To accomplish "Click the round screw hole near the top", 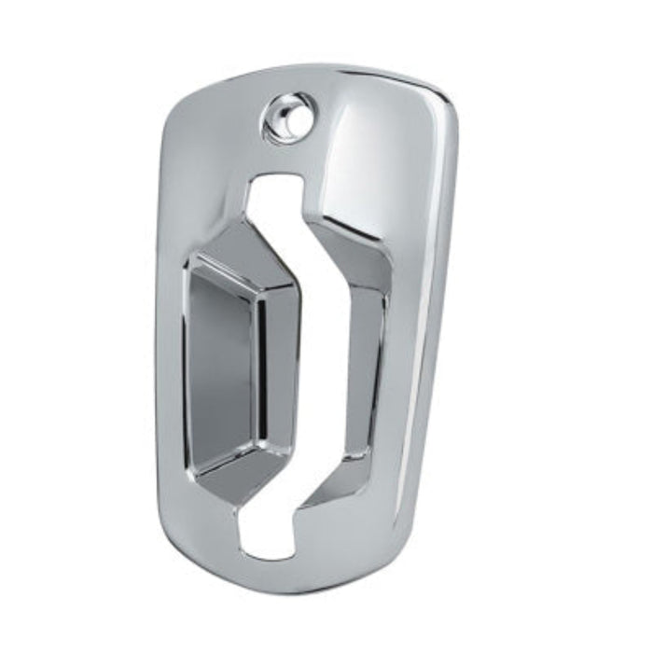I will (x=285, y=118).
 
